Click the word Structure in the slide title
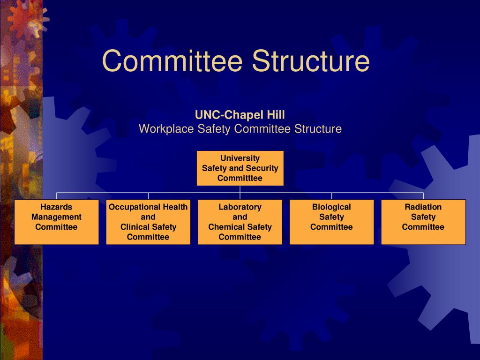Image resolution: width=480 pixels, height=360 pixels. pyautogui.click(x=310, y=61)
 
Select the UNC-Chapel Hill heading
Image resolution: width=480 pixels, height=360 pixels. pyautogui.click(x=240, y=115)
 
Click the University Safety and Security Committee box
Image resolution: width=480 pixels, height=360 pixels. pyautogui.click(x=240, y=168)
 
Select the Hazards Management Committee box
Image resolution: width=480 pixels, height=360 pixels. pyautogui.click(x=56, y=222)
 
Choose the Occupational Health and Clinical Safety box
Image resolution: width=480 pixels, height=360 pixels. pyautogui.click(x=148, y=222)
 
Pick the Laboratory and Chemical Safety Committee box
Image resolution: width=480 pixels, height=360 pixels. pyautogui.click(x=240, y=222)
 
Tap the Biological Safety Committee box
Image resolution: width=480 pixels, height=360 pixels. pyautogui.click(x=331, y=222)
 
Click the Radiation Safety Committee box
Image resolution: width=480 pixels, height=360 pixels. pyautogui.click(x=423, y=222)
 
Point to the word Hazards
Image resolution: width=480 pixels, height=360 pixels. pyautogui.click(x=56, y=207)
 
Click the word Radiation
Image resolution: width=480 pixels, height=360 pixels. pyautogui.click(x=423, y=207)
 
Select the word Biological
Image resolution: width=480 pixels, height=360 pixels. pyautogui.click(x=331, y=207)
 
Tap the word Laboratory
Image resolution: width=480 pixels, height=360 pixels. pyautogui.click(x=240, y=207)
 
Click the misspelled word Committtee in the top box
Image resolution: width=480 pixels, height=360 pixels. pyautogui.click(x=240, y=179)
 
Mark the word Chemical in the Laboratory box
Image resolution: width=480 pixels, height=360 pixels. pyautogui.click(x=226, y=227)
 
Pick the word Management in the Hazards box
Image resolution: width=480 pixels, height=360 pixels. pyautogui.click(x=56, y=217)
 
